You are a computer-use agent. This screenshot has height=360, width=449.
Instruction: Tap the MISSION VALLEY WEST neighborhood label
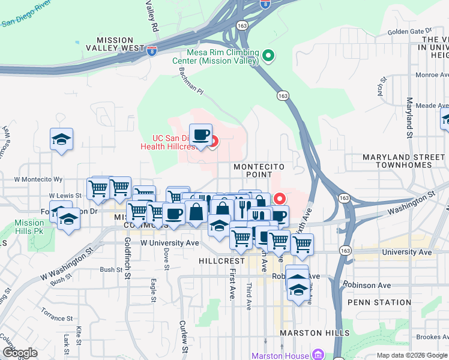116,48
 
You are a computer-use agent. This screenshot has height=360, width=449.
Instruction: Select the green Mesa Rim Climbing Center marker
269,57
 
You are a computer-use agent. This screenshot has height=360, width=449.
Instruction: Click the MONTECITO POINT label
258,170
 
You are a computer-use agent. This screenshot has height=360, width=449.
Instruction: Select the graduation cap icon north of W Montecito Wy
61,139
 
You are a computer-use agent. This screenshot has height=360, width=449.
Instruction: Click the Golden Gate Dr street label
409,31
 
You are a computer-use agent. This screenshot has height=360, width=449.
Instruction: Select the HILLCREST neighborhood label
222,262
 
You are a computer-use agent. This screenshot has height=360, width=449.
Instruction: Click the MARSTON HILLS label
315,333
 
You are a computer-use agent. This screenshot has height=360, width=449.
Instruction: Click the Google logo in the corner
19,353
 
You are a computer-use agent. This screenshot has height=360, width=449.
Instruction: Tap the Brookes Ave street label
427,338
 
